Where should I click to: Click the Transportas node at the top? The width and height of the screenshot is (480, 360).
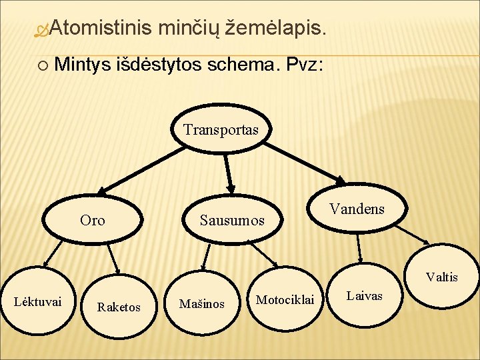221,129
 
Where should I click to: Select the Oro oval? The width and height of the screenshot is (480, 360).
93,219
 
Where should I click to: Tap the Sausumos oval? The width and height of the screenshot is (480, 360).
232,220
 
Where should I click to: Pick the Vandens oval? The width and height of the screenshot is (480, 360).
357,209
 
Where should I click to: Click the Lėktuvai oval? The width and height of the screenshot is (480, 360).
38,301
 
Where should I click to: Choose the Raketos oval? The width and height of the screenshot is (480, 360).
119,307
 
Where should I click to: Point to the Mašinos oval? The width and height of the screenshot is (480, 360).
201,304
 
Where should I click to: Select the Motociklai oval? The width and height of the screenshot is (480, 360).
285,300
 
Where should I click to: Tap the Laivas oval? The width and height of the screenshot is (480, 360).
365,295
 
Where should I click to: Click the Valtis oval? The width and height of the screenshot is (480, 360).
442,277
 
